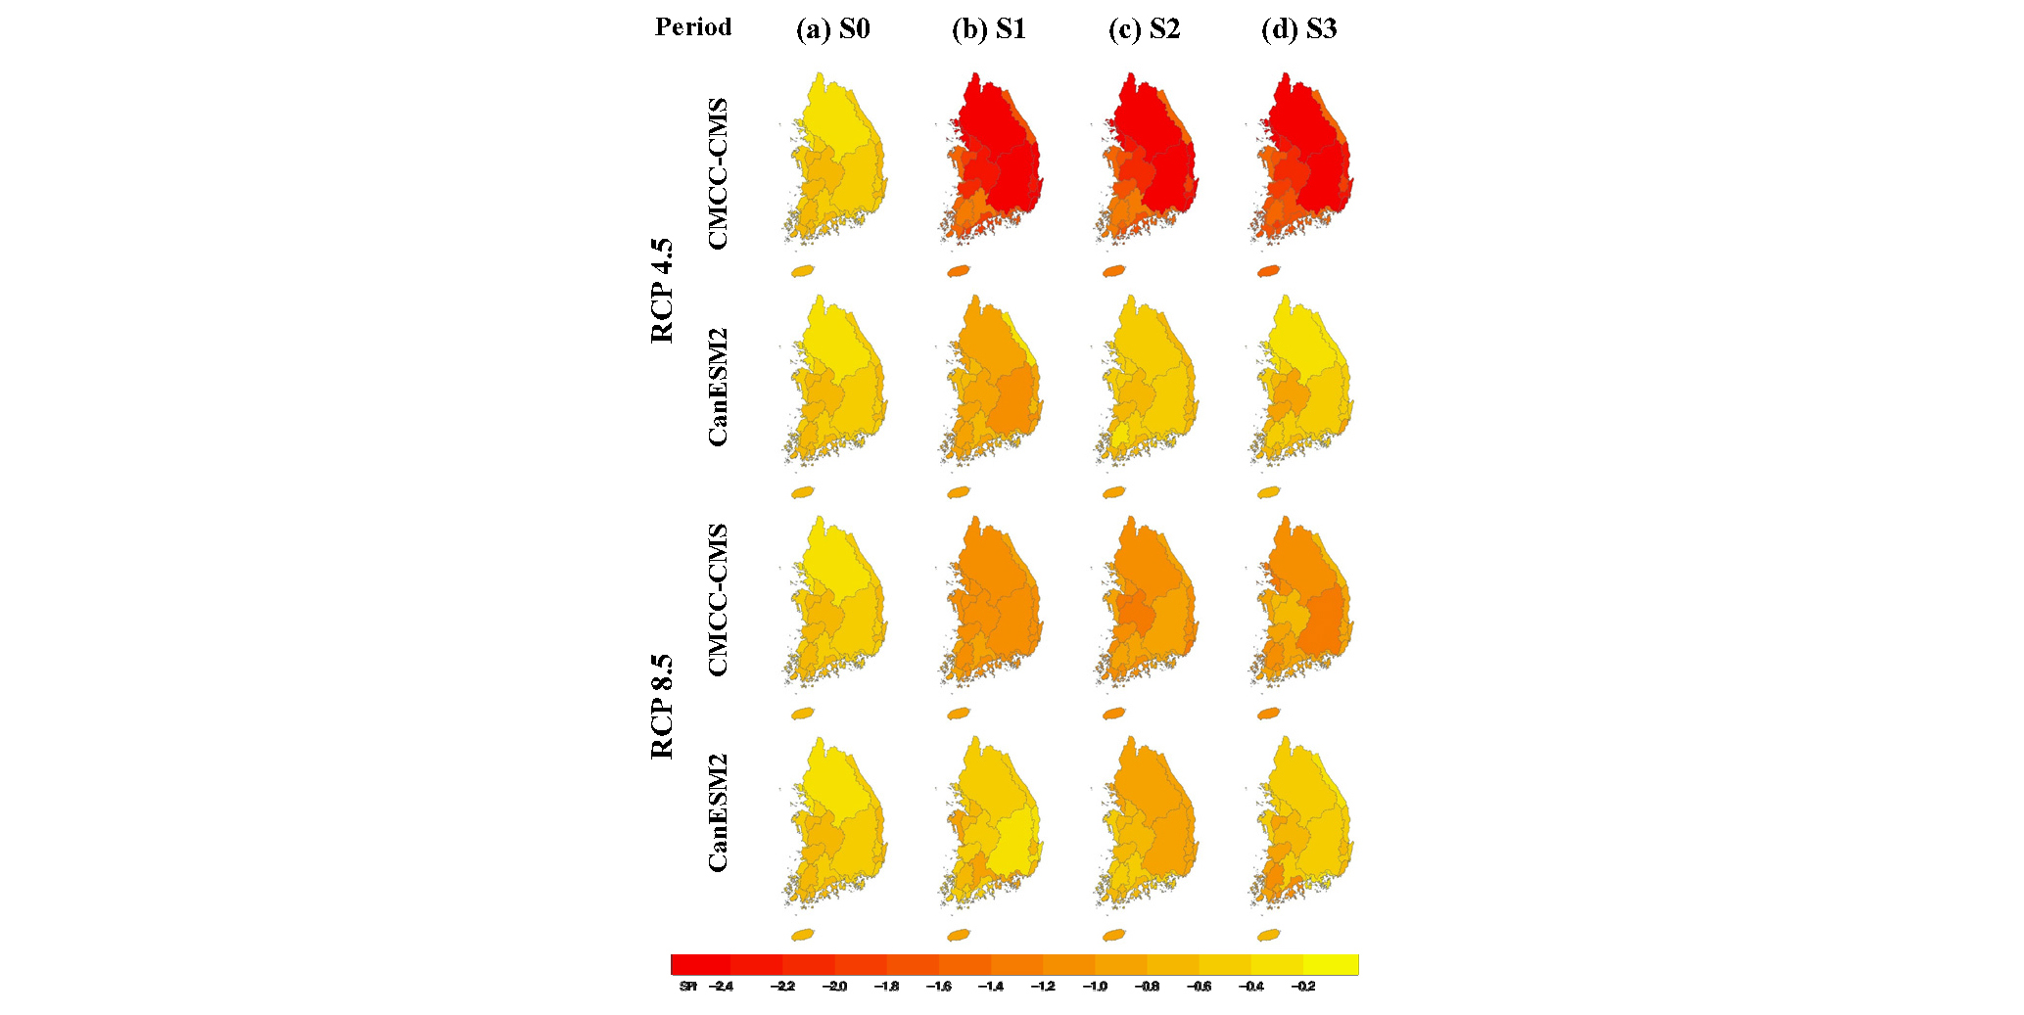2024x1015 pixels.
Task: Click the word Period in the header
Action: [x=693, y=27]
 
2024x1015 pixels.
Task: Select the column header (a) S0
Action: [x=832, y=29]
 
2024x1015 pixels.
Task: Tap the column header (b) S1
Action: [x=988, y=29]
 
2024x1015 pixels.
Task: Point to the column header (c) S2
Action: [x=1144, y=29]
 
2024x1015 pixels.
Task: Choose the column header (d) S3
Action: [x=1298, y=29]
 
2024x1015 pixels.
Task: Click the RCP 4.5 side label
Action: [x=663, y=290]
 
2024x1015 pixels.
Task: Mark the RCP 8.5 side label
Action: [x=663, y=707]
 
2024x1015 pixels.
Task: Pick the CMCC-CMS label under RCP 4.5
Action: [x=718, y=173]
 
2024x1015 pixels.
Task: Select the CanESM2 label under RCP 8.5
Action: [x=718, y=812]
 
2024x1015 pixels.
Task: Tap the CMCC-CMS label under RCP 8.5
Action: [x=718, y=599]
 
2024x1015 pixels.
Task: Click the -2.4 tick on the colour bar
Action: [x=720, y=987]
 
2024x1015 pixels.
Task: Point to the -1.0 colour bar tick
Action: [x=1095, y=987]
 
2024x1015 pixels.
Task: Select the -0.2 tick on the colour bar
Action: [x=1302, y=987]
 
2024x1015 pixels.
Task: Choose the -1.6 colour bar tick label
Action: [x=938, y=987]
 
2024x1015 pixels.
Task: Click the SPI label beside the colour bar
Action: [x=687, y=987]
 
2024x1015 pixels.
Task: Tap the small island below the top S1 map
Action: [x=959, y=271]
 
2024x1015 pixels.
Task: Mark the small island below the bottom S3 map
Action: [x=1269, y=936]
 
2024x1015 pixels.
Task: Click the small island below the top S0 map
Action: [x=803, y=271]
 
